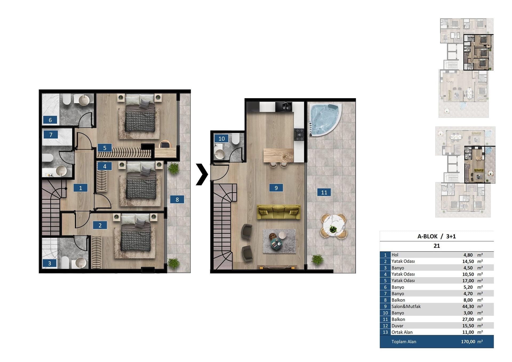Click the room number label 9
pos(276,188)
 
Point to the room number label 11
pos(324,192)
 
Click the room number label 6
pos(50,120)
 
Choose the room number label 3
pos(50,263)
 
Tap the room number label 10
pos(222,138)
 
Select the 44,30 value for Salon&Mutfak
pos(468,307)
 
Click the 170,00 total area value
pos(468,342)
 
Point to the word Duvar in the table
pos(397,326)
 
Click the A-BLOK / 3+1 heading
pos(437,236)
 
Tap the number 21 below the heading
pos(437,246)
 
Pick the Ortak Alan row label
pos(402,332)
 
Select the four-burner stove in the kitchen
pos(299,134)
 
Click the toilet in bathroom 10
pos(235,139)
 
